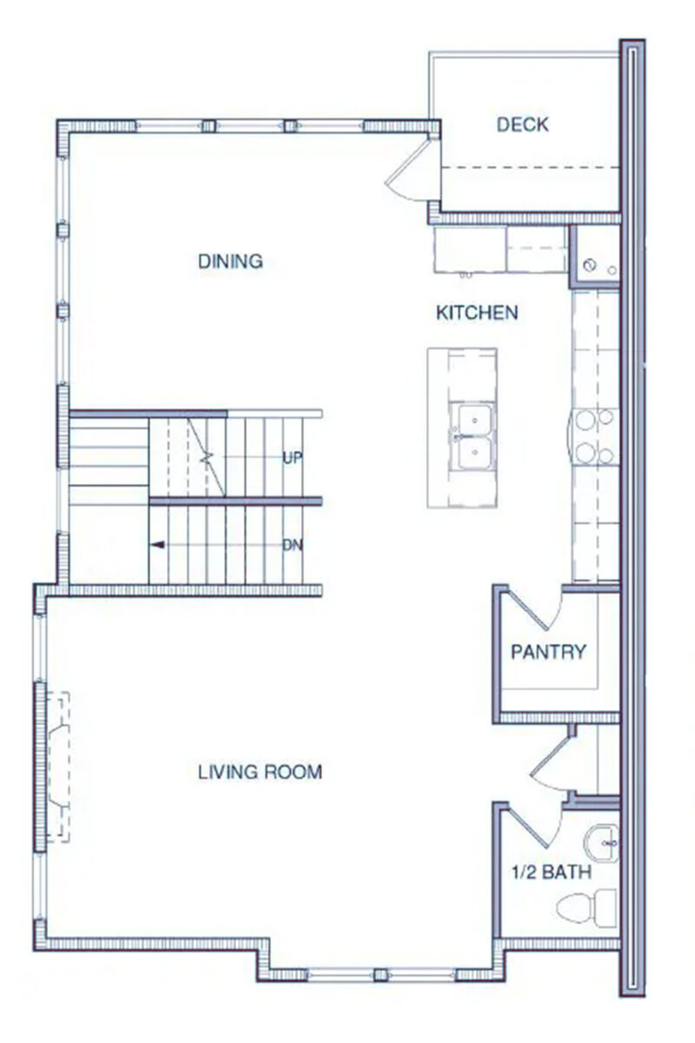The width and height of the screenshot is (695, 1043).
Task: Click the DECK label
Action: pos(522,125)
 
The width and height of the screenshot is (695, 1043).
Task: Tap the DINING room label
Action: pos(230,261)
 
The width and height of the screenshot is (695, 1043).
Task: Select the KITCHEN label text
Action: pos(477,312)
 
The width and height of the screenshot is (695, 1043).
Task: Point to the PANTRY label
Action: pos(548,652)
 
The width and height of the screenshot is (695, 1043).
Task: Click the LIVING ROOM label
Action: pos(260,771)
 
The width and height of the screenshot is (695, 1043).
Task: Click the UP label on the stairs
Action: pos(292,457)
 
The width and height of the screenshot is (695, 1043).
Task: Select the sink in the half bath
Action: pos(601,842)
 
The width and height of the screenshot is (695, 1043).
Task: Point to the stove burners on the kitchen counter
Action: pos(594,438)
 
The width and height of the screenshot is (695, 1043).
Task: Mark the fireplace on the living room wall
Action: pos(56,765)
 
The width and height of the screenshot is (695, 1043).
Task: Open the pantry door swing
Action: pos(535,608)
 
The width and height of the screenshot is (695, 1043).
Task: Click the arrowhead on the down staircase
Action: pos(158,545)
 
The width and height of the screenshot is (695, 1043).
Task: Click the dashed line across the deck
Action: pos(530,167)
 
